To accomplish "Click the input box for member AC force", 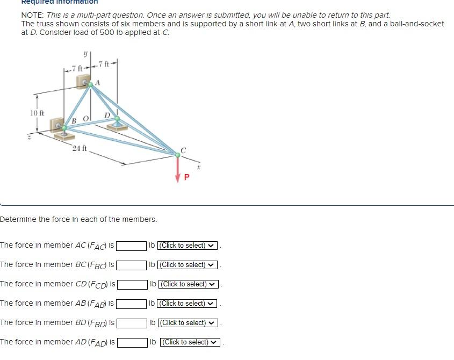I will click(x=132, y=246).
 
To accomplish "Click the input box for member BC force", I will click(x=132, y=265).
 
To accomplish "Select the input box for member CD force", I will click(x=133, y=284).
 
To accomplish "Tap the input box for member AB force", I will click(x=132, y=304).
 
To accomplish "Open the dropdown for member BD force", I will click(x=188, y=323).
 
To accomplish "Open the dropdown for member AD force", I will click(x=190, y=342).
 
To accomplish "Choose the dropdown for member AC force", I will click(x=188, y=246).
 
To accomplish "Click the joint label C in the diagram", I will click(x=183, y=150).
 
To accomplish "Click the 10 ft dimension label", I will click(x=37, y=113).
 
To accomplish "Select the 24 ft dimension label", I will click(x=79, y=148).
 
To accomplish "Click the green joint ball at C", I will click(x=178, y=155).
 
